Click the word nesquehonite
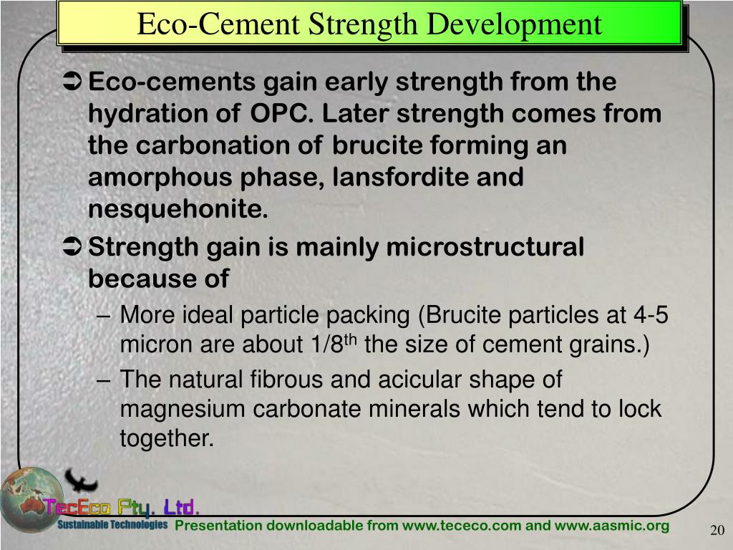point(178,210)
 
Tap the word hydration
point(150,114)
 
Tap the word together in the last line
point(166,438)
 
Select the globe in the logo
point(29,498)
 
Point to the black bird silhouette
point(81,481)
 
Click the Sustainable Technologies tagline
point(112,525)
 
